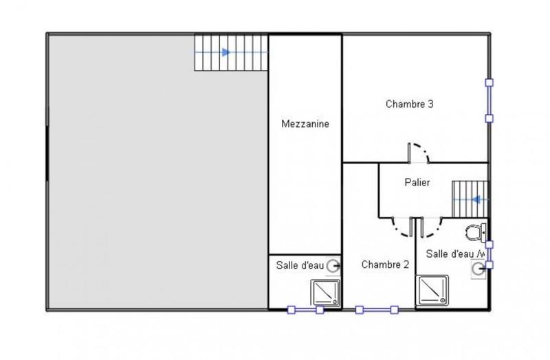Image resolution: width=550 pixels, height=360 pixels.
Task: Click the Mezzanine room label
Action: pos(305,124)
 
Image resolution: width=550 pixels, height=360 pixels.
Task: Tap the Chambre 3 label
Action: pos(409,104)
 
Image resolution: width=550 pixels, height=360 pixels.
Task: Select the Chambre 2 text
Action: pos(385,264)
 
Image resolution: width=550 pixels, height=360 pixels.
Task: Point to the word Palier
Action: pos(417,182)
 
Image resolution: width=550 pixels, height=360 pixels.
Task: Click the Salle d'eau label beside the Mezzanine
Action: pos(299,265)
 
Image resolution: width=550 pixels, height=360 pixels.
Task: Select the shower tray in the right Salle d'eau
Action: pos(432,291)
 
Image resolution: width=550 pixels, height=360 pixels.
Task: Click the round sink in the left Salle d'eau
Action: pos(333,265)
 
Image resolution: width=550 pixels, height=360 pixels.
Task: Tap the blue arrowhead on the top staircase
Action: pos(226,52)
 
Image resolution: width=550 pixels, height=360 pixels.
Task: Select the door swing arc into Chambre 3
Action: pos(419,153)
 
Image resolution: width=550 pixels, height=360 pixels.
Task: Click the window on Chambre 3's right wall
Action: pos(489,100)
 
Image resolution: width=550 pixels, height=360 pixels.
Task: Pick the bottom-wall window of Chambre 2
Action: pos(376,310)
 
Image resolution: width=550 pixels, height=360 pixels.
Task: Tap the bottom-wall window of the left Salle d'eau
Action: pos(305,310)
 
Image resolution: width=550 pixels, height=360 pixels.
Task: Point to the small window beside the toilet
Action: pos(489,254)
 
